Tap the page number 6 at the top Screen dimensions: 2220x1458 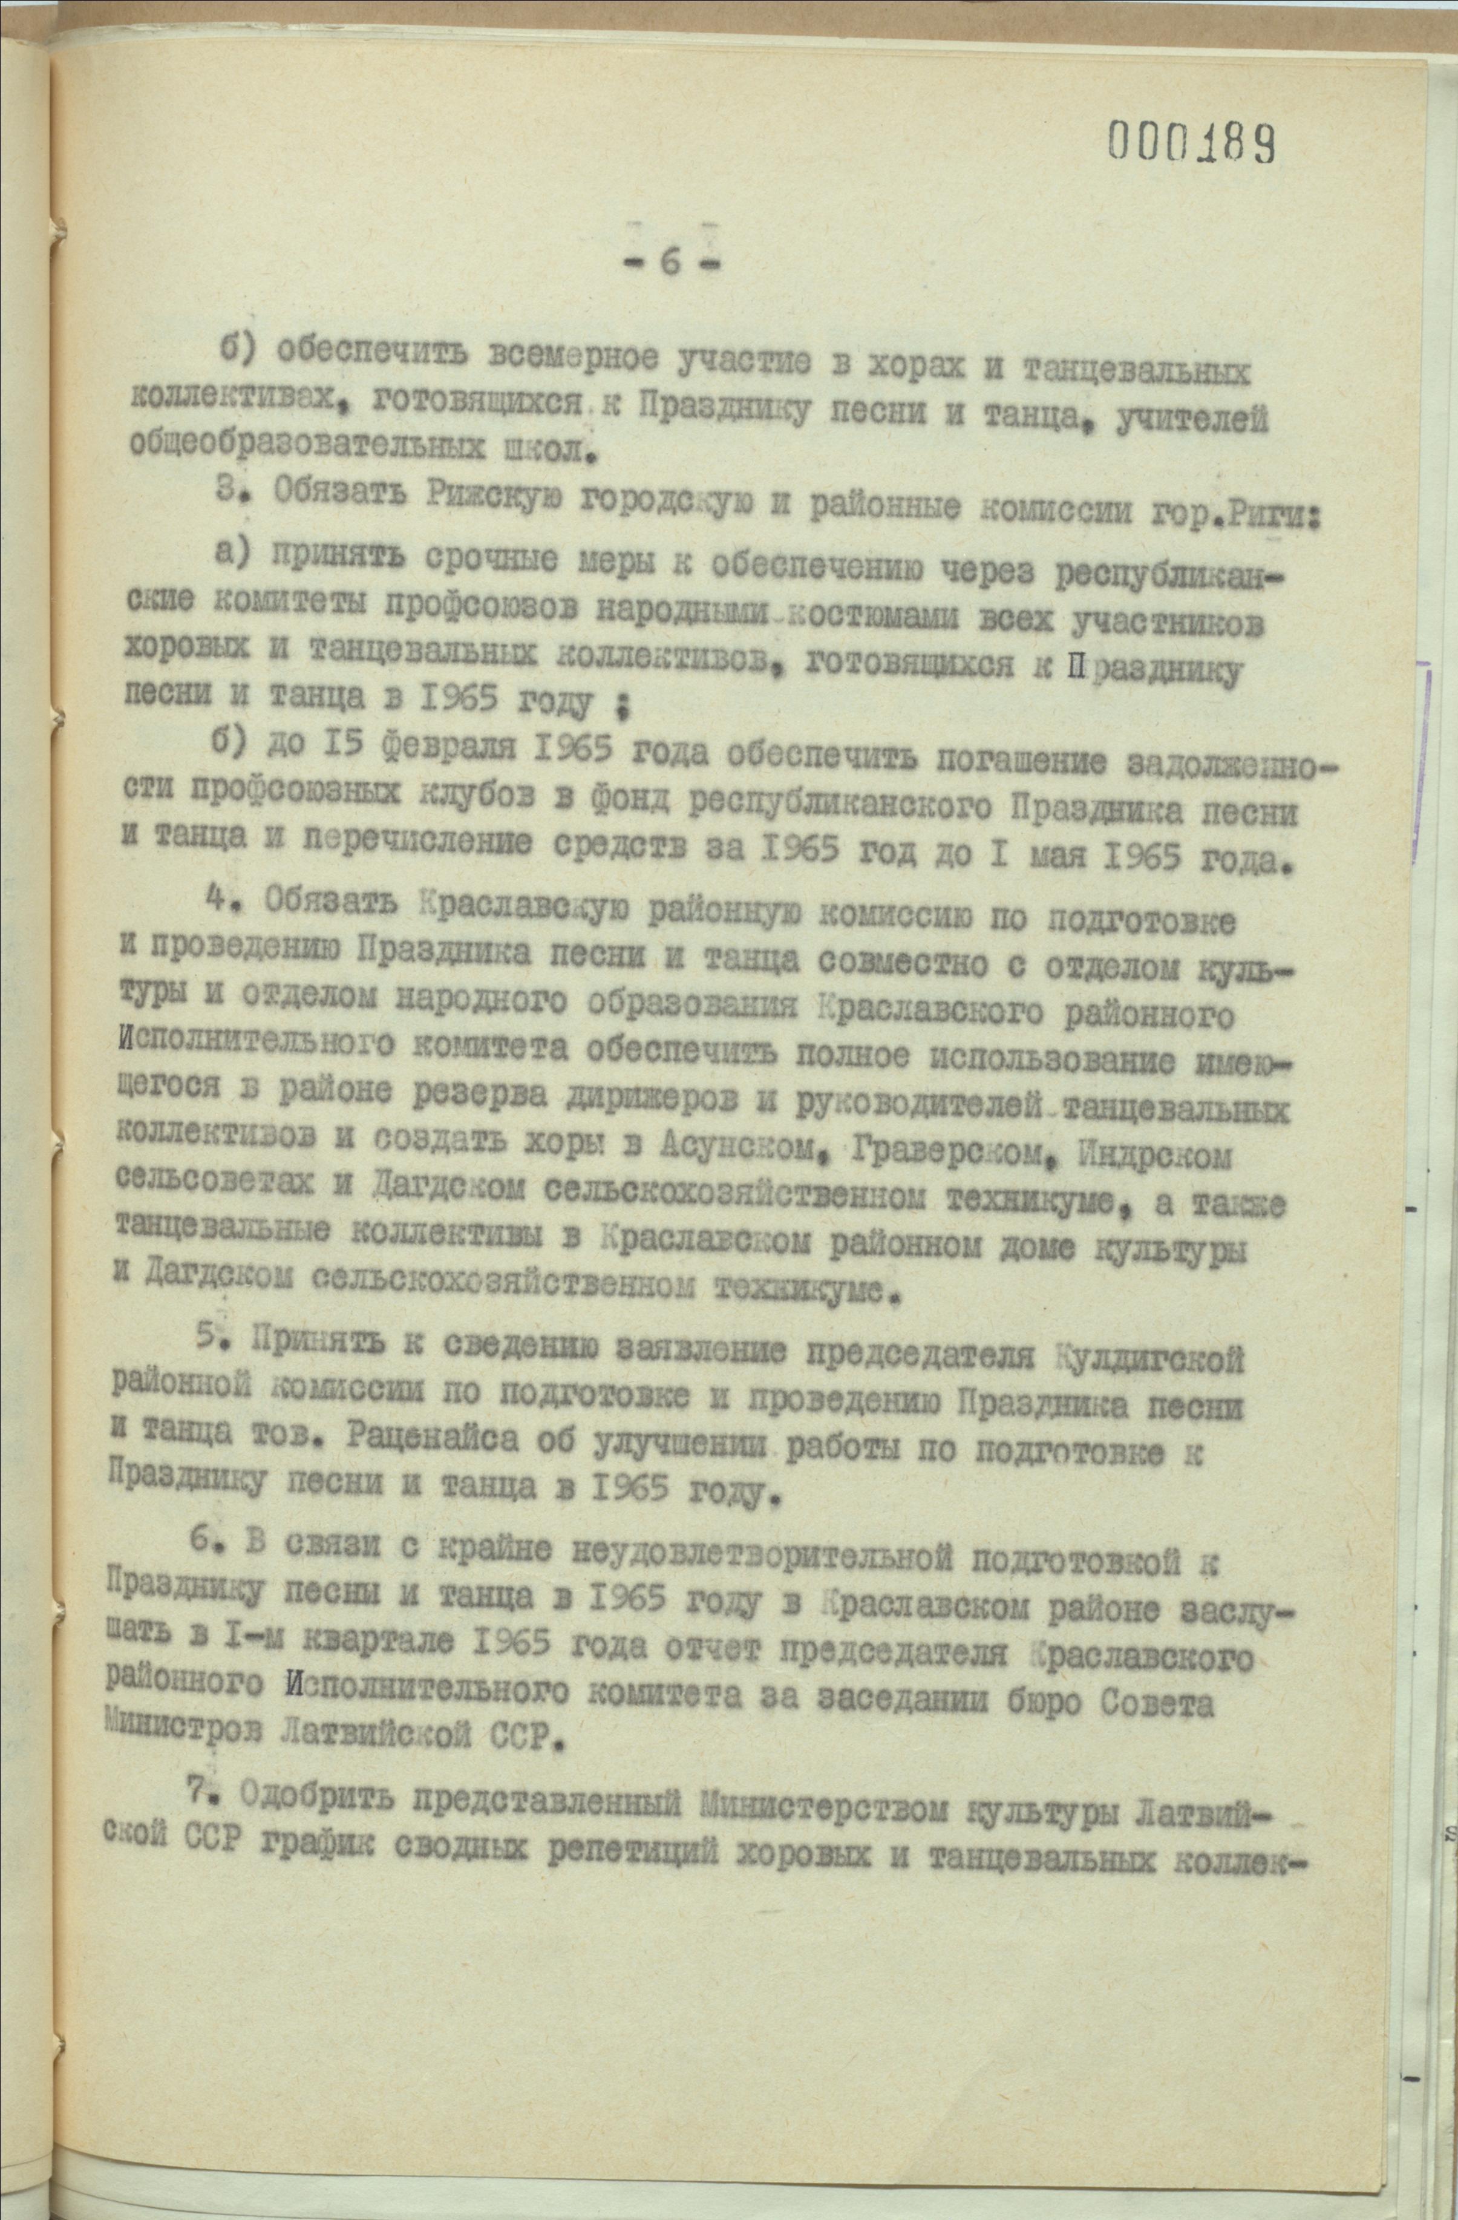tap(670, 263)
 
